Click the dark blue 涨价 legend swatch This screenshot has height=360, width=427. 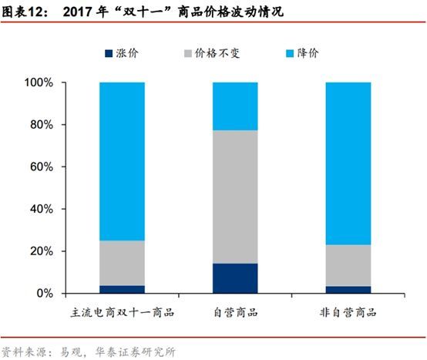point(108,52)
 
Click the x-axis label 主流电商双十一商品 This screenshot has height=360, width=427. point(122,313)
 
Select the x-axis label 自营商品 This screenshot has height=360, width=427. point(235,313)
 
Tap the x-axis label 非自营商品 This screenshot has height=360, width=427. point(348,313)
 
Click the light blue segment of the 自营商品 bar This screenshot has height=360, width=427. point(235,106)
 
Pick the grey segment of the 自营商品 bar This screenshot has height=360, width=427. point(235,197)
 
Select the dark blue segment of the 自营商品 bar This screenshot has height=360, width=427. point(235,278)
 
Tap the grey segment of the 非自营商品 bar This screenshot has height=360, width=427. point(348,265)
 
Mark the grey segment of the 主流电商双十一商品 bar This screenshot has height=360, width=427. point(122,263)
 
